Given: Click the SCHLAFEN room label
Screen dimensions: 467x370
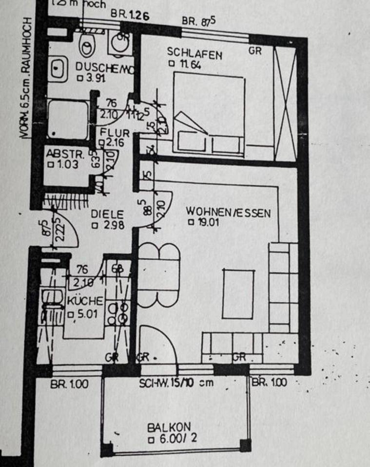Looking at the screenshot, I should coord(194,53).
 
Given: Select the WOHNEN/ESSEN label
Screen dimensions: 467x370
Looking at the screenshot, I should coord(228,213).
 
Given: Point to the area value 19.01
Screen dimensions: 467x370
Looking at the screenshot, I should coord(203,223).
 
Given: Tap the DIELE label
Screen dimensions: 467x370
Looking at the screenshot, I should coord(107,215).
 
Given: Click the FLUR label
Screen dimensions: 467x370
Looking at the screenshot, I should coord(115,133).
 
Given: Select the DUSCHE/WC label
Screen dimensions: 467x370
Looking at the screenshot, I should coord(102,68).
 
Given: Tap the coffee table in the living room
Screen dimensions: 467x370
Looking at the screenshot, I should coord(238,293).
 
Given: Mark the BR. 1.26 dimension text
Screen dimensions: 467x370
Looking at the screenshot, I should coord(129,15).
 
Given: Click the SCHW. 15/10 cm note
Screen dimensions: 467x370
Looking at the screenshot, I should coord(176,383).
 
